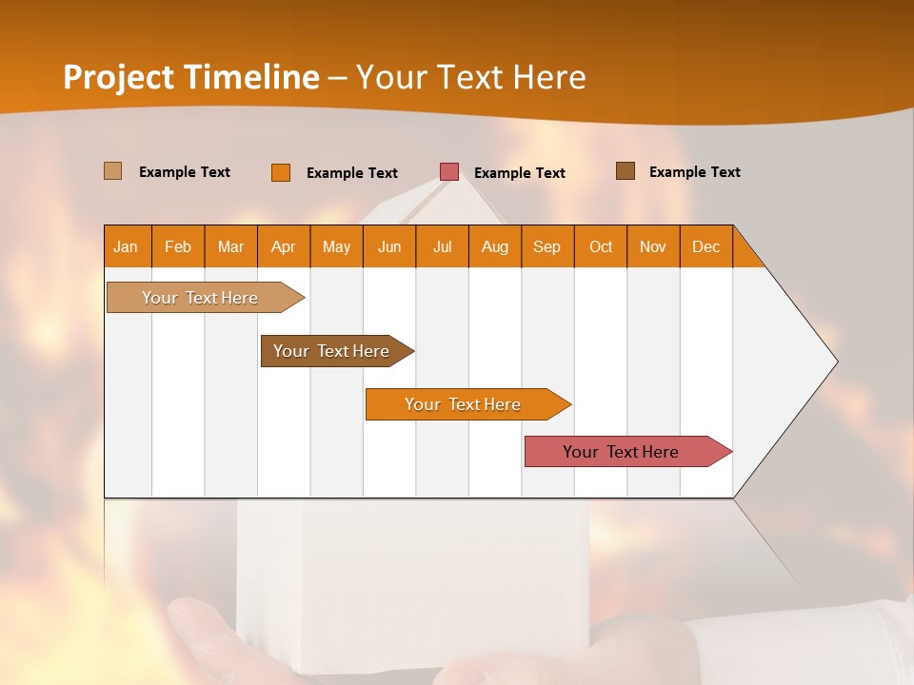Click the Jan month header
coord(126,246)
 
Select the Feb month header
coord(178,246)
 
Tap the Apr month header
coord(283,246)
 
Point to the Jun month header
coord(389,246)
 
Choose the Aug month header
coord(494,246)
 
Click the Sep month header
coord(546,246)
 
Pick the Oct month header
coord(601,246)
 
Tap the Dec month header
coord(705,246)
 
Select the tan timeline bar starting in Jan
coord(200,298)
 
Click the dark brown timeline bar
coord(331,351)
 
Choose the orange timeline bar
coord(463,404)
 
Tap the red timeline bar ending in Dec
coord(621,452)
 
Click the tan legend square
coord(112,171)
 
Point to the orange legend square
coord(280,172)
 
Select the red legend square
coord(449,171)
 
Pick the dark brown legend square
coord(625,171)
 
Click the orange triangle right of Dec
coord(745,253)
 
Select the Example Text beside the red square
coord(519,172)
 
